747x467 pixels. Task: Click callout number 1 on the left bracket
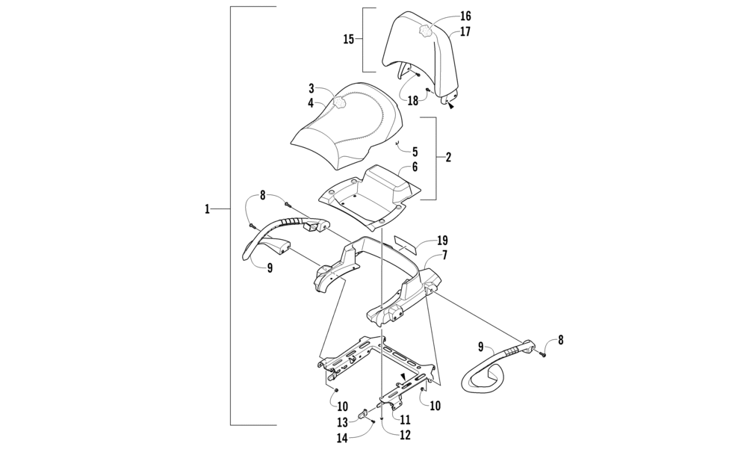[207, 210]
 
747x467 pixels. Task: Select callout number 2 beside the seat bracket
[447, 158]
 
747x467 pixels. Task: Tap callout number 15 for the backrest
[348, 39]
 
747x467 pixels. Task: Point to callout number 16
[465, 16]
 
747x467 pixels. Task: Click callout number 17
[465, 32]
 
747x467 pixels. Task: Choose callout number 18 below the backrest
[412, 100]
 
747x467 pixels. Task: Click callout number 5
[415, 152]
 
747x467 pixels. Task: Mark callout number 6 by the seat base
[415, 167]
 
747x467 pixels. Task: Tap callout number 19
[442, 241]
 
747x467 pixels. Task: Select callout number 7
[444, 256]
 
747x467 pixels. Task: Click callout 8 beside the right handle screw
[560, 339]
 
